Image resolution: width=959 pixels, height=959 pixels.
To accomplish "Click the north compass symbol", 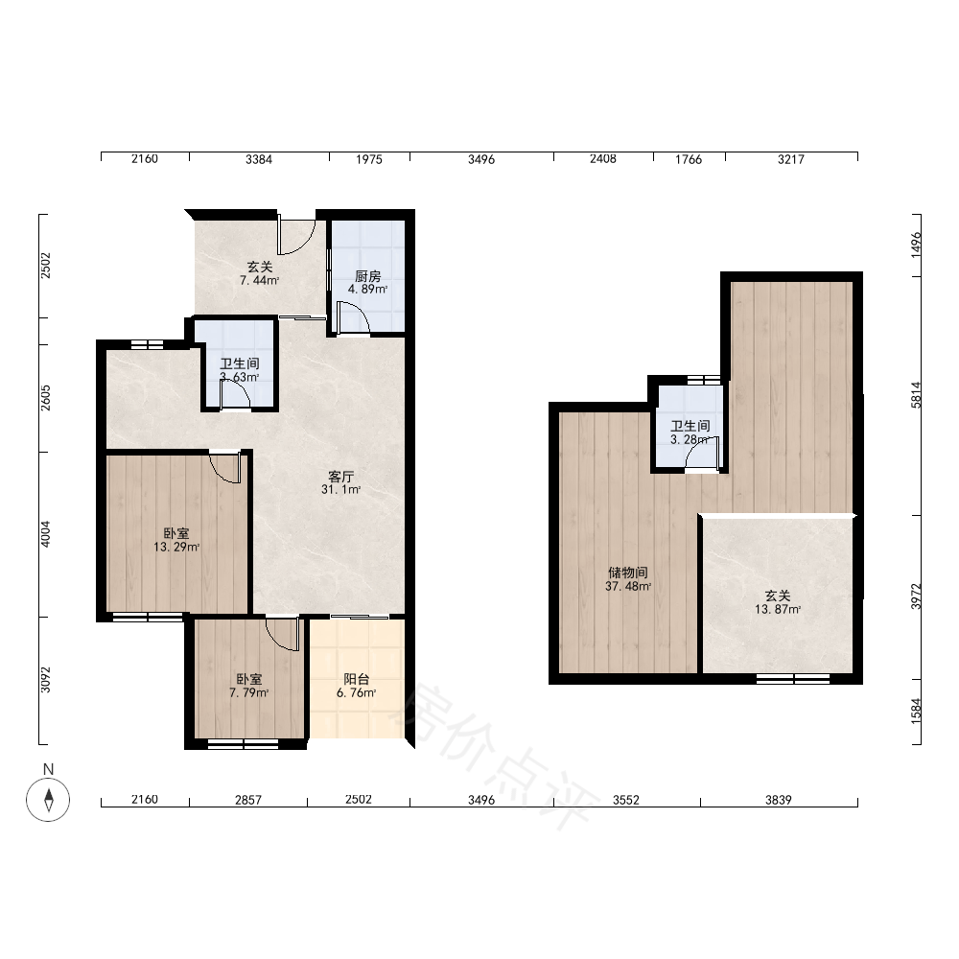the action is (48, 799).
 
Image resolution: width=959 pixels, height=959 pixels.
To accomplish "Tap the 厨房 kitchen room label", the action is (367, 276).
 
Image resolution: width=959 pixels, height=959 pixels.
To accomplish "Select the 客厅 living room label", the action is (340, 477).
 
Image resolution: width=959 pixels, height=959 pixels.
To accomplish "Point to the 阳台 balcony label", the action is (356, 679).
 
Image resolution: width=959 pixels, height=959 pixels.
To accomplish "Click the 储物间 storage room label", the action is (627, 573).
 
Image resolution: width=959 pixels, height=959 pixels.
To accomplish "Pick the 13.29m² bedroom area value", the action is (176, 547).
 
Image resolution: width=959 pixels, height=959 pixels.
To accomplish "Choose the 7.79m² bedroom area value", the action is (249, 692).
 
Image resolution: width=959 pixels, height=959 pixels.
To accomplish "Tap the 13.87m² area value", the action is (778, 609).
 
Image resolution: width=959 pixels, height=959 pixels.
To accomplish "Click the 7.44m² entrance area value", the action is (259, 280).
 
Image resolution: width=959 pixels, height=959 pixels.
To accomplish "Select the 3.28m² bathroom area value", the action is (690, 440).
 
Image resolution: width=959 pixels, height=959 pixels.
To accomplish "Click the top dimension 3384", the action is (259, 159).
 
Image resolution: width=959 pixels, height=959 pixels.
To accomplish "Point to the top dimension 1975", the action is (369, 159).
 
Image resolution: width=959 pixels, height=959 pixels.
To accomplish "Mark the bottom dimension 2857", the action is (248, 800).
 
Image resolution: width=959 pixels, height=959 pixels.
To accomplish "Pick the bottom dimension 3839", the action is (779, 800).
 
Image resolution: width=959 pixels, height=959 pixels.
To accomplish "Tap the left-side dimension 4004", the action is (46, 534).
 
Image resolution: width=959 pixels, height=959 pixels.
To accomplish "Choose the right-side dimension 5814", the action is (916, 395).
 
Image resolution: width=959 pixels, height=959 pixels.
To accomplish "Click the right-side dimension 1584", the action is (916, 712).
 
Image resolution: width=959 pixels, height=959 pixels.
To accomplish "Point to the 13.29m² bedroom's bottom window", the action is (148, 617).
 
